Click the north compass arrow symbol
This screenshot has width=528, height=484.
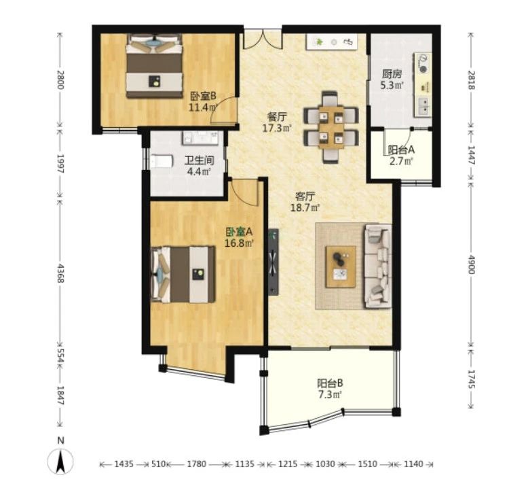tap(60, 462)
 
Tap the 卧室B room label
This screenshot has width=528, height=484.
tap(203, 97)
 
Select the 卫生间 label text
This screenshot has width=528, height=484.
tap(199, 160)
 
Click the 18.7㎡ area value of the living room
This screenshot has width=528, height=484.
tap(305, 207)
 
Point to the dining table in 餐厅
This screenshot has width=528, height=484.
tap(331, 127)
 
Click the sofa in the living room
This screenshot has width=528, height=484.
tap(377, 266)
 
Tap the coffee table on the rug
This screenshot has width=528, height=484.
tap(341, 266)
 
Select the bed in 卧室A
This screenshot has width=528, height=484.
tap(183, 274)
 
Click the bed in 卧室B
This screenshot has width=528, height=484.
tap(154, 66)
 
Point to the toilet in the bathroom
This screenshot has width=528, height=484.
tap(162, 161)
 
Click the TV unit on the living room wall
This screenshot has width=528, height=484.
tap(274, 262)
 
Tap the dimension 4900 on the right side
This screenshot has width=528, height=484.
tap(471, 264)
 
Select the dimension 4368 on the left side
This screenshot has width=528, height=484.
tap(60, 273)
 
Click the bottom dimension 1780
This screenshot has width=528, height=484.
tap(197, 464)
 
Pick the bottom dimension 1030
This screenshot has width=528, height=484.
tap(326, 464)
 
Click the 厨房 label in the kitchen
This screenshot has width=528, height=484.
tap(392, 74)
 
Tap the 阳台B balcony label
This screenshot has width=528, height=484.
tap(330, 383)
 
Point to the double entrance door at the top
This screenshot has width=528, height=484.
tap(263, 39)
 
